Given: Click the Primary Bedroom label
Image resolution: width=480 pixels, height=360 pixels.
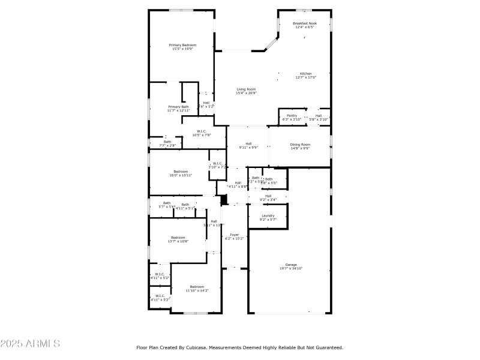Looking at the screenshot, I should [182, 45].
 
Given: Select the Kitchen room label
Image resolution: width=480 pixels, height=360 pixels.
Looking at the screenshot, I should [306, 73].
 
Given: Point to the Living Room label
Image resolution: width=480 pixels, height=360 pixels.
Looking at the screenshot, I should [246, 89].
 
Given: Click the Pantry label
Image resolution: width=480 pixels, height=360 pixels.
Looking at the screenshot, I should [292, 115].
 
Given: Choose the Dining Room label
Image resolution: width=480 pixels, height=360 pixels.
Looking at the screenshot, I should [300, 144].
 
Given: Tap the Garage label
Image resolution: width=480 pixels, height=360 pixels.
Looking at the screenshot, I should [291, 265].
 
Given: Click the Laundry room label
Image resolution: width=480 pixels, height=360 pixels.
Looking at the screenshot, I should [268, 215].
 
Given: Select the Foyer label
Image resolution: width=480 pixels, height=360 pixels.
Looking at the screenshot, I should [234, 235].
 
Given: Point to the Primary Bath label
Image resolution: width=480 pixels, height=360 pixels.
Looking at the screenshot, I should [178, 107].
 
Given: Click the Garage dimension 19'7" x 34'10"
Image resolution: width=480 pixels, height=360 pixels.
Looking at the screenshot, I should [291, 268].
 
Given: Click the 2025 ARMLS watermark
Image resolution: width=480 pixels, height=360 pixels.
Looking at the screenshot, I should [30, 344].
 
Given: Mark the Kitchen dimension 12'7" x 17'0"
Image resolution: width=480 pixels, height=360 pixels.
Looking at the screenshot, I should [306, 77].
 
